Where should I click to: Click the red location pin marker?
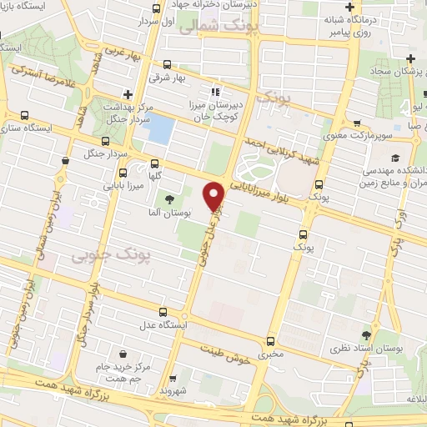(x=215, y=196)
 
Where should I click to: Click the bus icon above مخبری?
(x=269, y=341)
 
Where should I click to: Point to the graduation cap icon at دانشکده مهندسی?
(x=393, y=158)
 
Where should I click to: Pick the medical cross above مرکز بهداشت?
(x=127, y=94)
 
